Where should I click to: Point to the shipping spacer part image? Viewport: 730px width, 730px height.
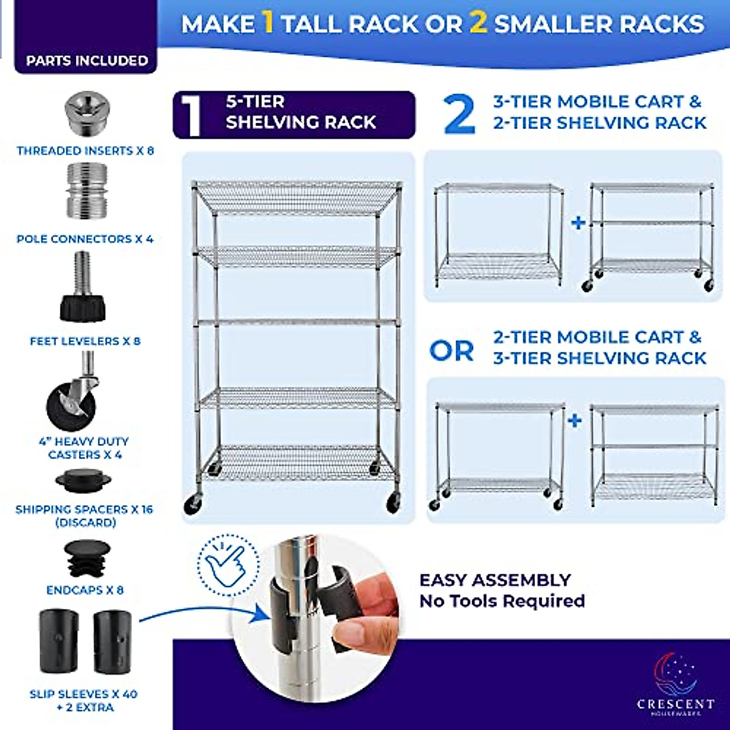point(83,480)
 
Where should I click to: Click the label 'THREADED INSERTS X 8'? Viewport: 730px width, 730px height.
point(85,151)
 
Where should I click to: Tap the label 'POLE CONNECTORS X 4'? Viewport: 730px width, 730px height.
point(85,239)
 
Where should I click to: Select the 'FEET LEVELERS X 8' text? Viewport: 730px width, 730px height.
point(85,341)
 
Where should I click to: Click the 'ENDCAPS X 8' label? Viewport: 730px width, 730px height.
point(85,590)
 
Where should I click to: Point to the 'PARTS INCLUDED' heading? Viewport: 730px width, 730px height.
point(87,61)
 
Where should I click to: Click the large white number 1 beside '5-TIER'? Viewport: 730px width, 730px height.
point(191,115)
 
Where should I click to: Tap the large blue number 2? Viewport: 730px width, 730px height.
point(459,114)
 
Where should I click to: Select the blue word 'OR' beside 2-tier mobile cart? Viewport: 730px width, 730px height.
point(451,351)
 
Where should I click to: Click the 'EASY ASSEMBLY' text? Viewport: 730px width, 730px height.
point(495,580)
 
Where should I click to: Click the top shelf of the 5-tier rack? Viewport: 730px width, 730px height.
point(296,196)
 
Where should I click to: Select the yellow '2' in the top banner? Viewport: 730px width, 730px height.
point(479,23)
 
